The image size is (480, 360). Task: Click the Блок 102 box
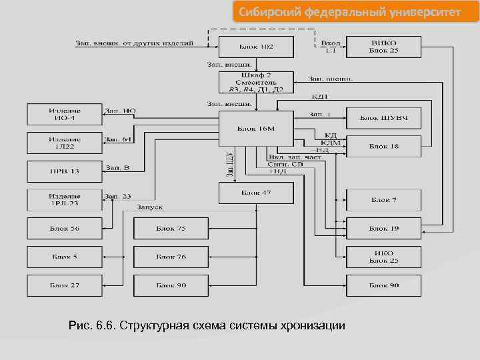(x=256, y=47)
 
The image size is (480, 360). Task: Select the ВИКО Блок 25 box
(x=383, y=47)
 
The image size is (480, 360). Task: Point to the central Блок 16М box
(x=256, y=129)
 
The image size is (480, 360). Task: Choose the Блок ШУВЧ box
(x=383, y=117)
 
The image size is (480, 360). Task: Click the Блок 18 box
(x=383, y=146)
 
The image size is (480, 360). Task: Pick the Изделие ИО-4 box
(x=65, y=114)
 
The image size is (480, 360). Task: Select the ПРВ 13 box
(x=65, y=171)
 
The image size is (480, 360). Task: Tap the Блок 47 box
(x=256, y=193)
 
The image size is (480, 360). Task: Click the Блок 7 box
(x=383, y=199)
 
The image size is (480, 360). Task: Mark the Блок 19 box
(x=383, y=228)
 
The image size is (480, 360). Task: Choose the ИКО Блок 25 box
(x=383, y=257)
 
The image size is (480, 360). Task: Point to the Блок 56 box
(x=65, y=228)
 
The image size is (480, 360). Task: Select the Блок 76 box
(x=171, y=257)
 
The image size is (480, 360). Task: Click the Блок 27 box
(x=65, y=285)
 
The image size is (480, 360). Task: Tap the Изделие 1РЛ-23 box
(x=65, y=200)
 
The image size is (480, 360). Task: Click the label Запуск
(x=149, y=207)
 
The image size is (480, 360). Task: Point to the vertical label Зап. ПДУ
(x=229, y=165)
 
